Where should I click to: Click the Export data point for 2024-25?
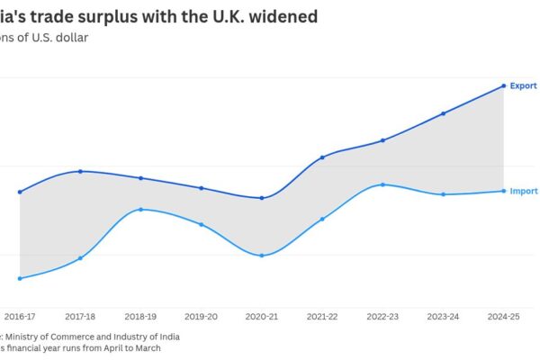[503, 85]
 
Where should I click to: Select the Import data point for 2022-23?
[382, 184]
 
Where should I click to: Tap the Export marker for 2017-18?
[80, 171]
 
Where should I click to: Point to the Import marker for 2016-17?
[20, 278]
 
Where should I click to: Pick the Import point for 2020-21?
[262, 256]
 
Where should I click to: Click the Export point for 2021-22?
[322, 157]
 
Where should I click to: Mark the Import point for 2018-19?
[140, 210]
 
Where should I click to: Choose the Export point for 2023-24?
[443, 113]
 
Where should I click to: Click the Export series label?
[524, 85]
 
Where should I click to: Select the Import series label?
[524, 191]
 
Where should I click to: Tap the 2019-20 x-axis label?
[201, 317]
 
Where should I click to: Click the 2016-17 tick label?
[20, 317]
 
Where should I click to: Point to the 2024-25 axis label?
[503, 317]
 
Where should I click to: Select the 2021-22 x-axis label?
[322, 317]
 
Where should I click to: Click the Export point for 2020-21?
[262, 198]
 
